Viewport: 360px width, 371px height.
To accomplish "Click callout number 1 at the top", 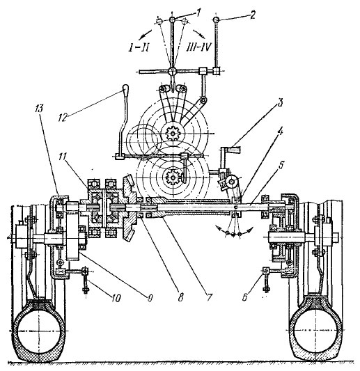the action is (198, 13).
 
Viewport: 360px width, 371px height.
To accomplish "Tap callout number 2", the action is (253, 15).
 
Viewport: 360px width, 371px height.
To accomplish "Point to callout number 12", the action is (63, 118).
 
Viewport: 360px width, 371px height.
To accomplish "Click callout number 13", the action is (39, 109).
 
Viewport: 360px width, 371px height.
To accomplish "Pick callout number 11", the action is (63, 157).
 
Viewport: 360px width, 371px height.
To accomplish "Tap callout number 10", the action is (116, 298).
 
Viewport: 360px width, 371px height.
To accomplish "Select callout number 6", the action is (244, 297).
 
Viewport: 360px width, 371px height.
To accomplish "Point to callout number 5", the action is (281, 166).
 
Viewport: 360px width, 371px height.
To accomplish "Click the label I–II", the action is (139, 49).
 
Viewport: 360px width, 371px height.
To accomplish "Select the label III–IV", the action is (198, 48).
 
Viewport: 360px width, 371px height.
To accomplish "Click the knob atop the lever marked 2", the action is (216, 19).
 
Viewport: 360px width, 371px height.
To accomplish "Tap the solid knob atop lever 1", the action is (172, 19).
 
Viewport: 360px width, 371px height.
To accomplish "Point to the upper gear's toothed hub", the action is (173, 134).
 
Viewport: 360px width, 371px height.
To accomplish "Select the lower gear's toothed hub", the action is (173, 177).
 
